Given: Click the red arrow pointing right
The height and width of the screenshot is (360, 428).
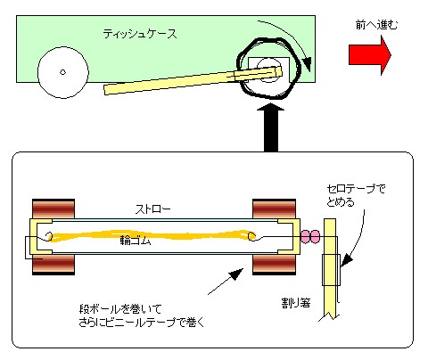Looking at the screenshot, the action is pos(370,55).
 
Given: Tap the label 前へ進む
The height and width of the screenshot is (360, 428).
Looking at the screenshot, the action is pos(376,25).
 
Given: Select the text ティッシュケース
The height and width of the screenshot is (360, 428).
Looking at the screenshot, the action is pos(140,34).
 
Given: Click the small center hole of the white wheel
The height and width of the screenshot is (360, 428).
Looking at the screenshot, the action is pos(62,72).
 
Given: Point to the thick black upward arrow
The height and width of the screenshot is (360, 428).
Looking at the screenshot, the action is pos(271,127).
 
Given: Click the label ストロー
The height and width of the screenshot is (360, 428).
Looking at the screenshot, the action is pos(153,209).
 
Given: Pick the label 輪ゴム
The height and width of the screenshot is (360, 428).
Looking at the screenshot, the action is pos(136,240).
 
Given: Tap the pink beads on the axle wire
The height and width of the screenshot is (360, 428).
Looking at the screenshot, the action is pos(310,237).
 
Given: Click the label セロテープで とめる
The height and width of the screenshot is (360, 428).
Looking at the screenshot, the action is pos(356,195).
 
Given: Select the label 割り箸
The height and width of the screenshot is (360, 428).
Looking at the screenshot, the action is pos(296,303).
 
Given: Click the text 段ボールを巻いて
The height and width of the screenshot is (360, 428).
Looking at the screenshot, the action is pos(120,309).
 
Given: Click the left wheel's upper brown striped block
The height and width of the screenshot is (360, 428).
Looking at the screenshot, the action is pos(53,209).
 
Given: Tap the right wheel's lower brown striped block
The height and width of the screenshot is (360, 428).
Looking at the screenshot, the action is pos(274,264).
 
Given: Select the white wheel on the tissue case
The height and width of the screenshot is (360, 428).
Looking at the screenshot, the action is pos(63,72).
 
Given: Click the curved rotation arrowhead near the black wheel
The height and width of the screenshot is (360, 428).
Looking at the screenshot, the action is pos(307,64).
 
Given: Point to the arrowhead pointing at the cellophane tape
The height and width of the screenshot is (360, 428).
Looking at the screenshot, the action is pos(346,261).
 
